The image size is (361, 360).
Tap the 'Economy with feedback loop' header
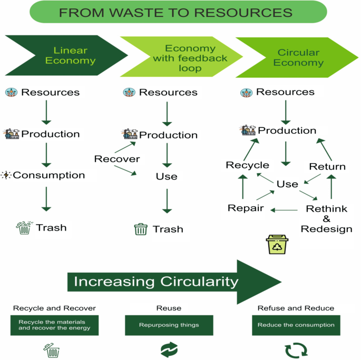(182, 58)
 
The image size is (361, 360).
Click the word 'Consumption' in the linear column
(48, 175)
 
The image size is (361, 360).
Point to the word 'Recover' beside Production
(117, 159)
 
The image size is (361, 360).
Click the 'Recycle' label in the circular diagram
(247, 165)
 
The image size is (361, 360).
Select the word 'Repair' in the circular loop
(246, 208)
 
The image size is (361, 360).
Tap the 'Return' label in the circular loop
(327, 167)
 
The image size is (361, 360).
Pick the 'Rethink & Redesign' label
(326, 219)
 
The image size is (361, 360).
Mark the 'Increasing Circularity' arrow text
(156, 282)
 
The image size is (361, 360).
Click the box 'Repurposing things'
(169, 325)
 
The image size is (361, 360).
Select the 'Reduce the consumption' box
(296, 325)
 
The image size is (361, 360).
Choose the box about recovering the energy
(54, 325)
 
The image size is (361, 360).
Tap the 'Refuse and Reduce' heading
(296, 308)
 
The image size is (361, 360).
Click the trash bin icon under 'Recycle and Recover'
(52, 350)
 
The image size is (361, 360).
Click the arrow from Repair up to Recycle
(242, 187)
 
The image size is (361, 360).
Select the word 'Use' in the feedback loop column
(167, 177)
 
